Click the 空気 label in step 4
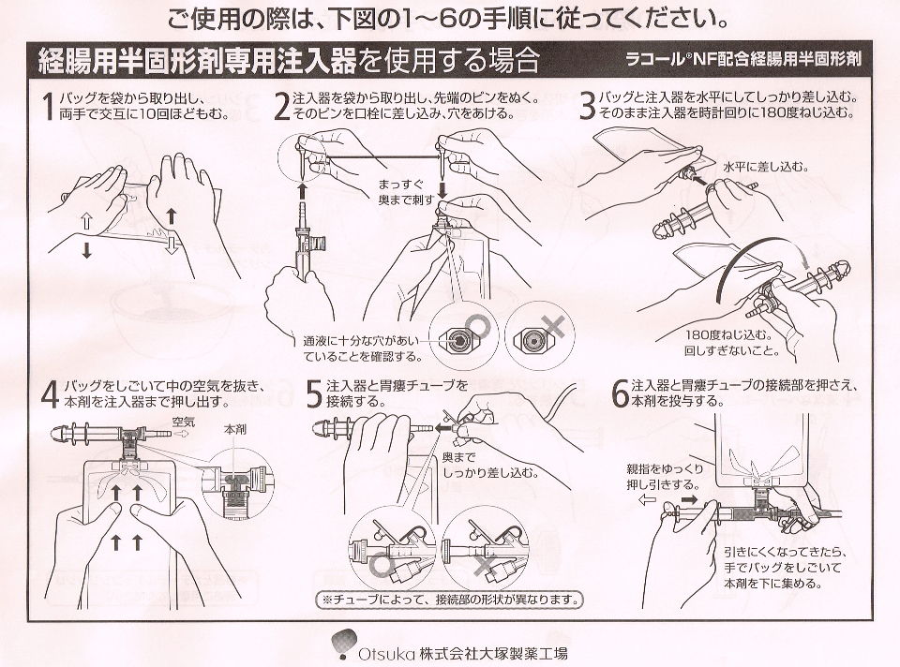185,422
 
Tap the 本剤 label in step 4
234,428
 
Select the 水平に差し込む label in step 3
764,166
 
